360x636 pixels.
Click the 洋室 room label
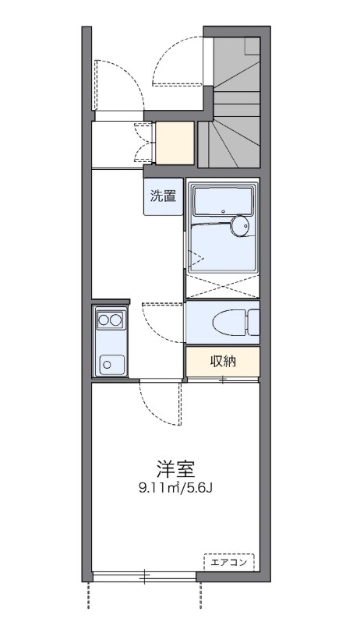point(175,469)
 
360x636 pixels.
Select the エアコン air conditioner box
point(230,560)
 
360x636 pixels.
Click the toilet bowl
point(225,320)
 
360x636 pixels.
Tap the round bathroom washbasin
point(240,227)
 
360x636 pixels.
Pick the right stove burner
point(116,319)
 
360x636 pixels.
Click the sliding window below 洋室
point(144,577)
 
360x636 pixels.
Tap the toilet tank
point(254,320)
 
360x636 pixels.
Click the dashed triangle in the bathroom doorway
point(194,258)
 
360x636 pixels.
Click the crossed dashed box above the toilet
point(223,287)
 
